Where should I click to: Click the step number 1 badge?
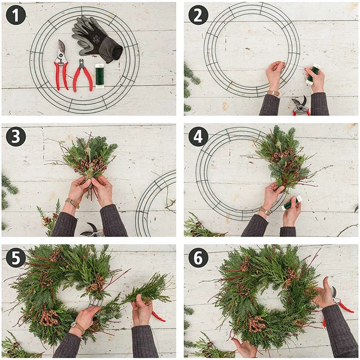point(16,15)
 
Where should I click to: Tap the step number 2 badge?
point(198,15)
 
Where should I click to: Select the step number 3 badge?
point(16,136)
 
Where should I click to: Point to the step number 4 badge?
point(198,136)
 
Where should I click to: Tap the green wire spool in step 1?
point(99,76)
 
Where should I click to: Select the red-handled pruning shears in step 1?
point(61,65)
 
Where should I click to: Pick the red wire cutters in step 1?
point(83,76)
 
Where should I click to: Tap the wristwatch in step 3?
point(72,203)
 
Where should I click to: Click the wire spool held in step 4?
point(291,203)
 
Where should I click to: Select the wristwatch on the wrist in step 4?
point(265,210)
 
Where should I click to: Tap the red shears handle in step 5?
point(158,316)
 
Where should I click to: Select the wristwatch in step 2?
point(273,93)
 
